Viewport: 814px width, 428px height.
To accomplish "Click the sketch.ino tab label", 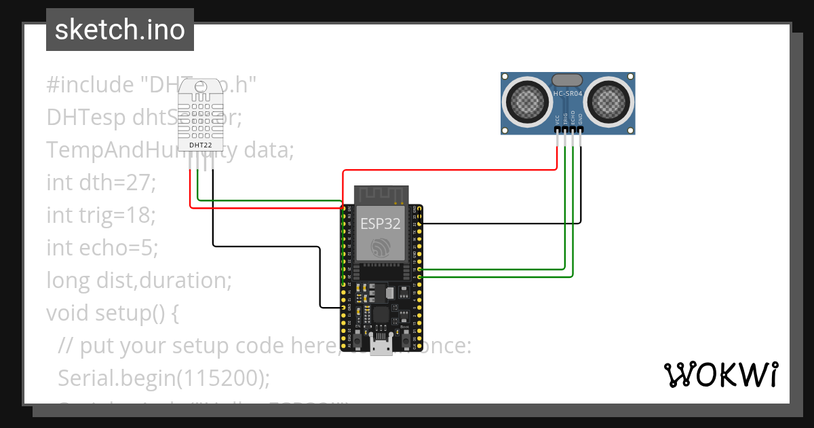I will pos(119,30).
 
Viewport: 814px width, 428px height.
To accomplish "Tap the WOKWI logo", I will pos(720,374).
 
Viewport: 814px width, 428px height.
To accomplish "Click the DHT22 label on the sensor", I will pos(201,145).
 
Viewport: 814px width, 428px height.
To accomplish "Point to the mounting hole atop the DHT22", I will pos(201,86).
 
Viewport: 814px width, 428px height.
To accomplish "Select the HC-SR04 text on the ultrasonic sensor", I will pos(568,93).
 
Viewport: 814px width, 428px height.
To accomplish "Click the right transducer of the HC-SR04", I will pos(609,102).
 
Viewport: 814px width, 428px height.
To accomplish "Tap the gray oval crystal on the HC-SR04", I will pos(568,81).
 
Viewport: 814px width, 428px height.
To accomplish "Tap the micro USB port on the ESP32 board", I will pos(381,346).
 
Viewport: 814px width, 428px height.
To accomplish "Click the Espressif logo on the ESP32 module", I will pos(380,247).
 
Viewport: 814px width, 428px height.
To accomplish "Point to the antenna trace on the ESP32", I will pos(381,194).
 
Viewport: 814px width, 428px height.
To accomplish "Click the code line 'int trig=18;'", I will pos(101,215).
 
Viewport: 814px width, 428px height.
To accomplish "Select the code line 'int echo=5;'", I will pos(102,248).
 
